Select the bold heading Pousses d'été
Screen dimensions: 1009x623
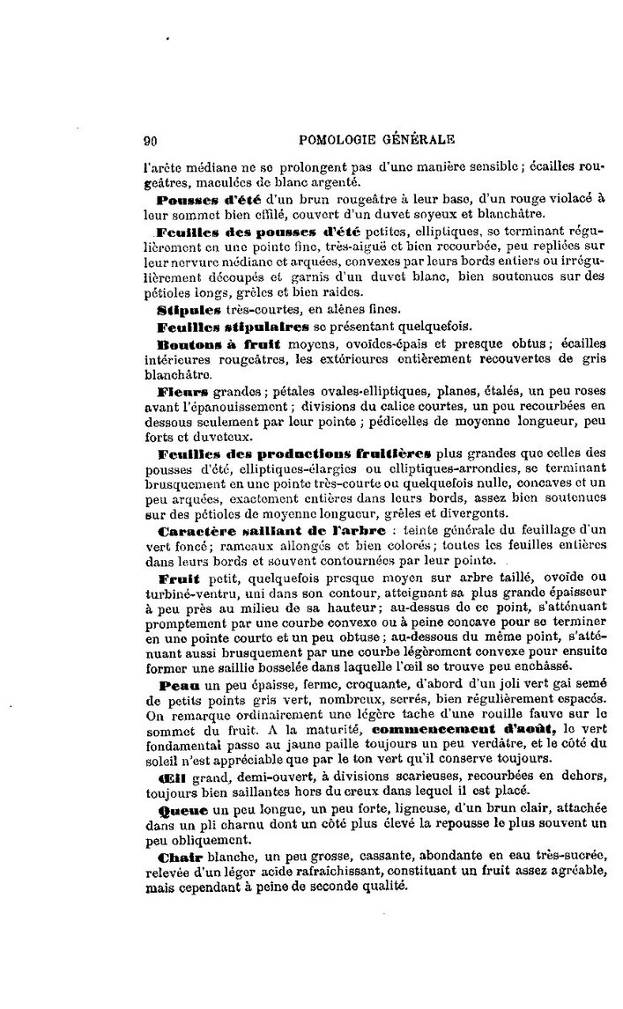[205, 201]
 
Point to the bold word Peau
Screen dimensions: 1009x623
[178, 686]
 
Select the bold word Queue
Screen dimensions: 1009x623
[183, 807]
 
